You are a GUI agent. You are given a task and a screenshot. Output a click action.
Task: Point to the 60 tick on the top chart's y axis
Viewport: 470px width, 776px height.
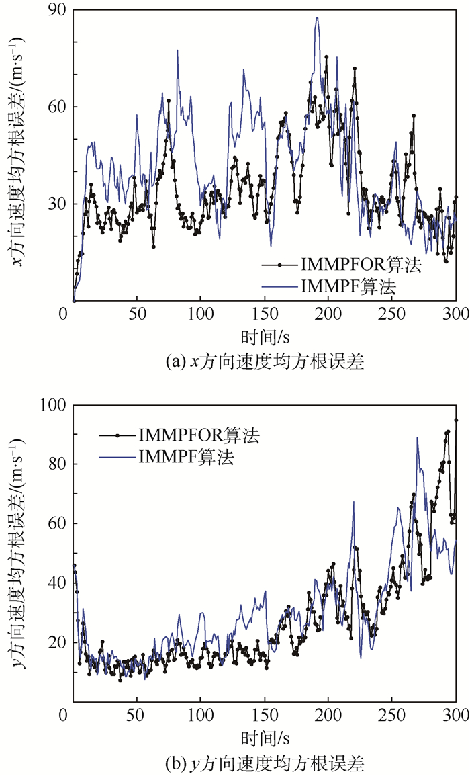pyautogui.click(x=57, y=107)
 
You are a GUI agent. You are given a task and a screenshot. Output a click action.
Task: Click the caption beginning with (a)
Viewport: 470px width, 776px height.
pyautogui.click(x=264, y=362)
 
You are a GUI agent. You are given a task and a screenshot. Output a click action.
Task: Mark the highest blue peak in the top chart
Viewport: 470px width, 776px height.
pyautogui.click(x=317, y=18)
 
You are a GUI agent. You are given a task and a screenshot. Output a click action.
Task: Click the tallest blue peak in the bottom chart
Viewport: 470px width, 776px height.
pyautogui.click(x=417, y=438)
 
